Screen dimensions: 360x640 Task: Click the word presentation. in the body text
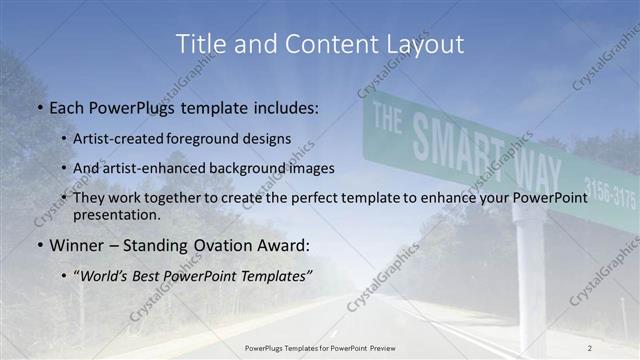coord(117,215)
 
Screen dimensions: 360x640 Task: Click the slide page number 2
coord(589,347)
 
